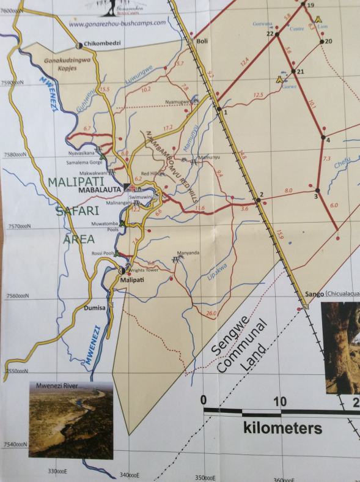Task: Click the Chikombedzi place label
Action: (107, 45)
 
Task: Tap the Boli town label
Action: (204, 41)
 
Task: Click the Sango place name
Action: (314, 294)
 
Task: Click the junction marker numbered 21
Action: (293, 72)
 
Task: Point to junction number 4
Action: (324, 138)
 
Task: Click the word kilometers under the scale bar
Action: (283, 428)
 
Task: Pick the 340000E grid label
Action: (129, 475)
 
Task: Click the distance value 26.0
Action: (212, 314)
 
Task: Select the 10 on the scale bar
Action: (279, 402)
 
